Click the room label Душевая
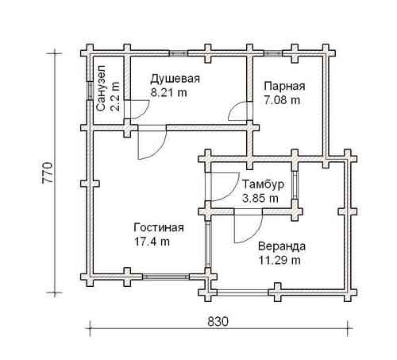pos(175,79)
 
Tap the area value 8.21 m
pos(169,93)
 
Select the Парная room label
pos(284,87)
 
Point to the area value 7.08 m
pos(282,100)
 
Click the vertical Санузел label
pos(101,88)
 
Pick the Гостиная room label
pos(159,228)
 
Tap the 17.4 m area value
pos(152,242)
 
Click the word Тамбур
pos(264,184)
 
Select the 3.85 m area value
pos(260,199)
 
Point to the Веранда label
pos(282,246)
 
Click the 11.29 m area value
pos(279,261)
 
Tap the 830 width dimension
pos(218,322)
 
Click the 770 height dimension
pos(48,172)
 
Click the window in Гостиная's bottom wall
pos(166,277)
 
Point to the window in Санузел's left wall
pos(90,91)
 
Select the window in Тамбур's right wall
pos(295,185)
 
